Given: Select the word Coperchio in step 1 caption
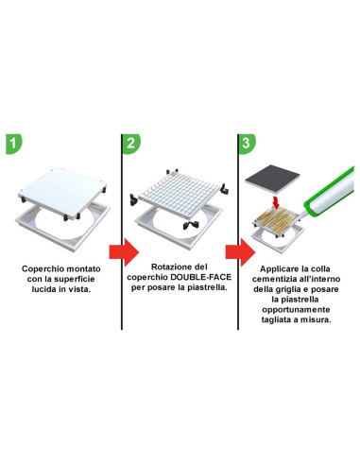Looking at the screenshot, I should click(x=42, y=268).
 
